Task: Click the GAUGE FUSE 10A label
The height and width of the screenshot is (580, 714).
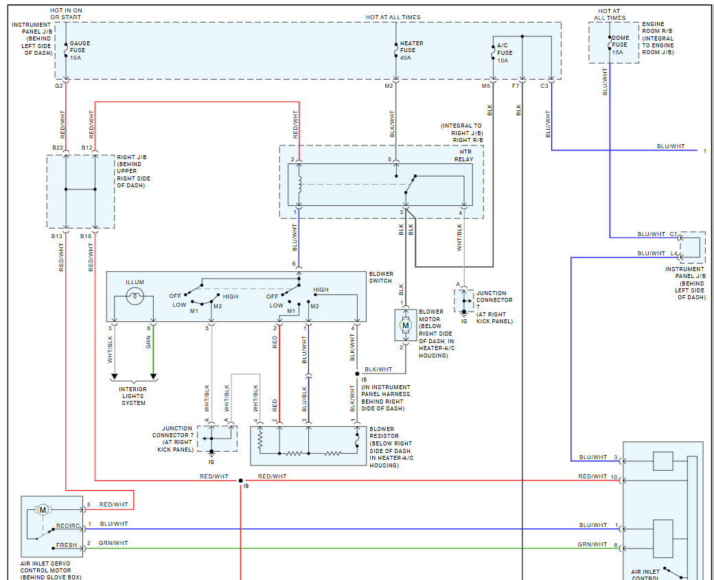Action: point(79,50)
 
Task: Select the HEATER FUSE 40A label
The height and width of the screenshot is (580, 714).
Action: point(411,50)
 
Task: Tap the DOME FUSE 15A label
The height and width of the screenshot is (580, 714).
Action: point(620,45)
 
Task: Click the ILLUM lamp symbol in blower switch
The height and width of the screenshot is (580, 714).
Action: point(135,297)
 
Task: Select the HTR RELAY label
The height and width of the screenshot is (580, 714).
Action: point(464,155)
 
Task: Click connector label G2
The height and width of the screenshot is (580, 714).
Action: point(58,86)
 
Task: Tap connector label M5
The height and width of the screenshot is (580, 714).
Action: point(486,86)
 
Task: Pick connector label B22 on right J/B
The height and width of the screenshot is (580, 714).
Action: point(58,148)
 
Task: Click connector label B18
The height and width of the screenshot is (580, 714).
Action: point(86,236)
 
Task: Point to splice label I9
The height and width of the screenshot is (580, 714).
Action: point(245,486)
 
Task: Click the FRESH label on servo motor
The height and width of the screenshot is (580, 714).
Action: point(67,545)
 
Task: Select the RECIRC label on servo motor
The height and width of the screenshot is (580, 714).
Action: point(68,526)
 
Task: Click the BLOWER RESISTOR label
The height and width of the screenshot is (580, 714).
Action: point(382,433)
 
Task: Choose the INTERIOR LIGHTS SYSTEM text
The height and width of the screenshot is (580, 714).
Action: point(133,396)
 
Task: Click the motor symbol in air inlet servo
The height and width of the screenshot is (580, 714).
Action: point(43,509)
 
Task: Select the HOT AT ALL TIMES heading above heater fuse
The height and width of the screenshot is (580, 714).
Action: point(393,17)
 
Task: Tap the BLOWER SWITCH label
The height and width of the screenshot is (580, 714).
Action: point(381,277)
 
